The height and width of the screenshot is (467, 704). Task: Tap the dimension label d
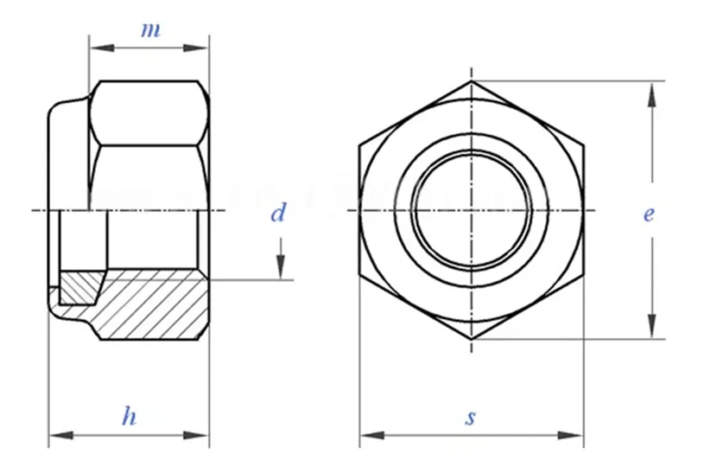(277, 213)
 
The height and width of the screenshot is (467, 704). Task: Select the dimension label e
(648, 213)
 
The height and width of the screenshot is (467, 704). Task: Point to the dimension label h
(129, 417)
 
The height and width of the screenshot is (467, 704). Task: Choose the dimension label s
(470, 418)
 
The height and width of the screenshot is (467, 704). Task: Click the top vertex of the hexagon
(472, 82)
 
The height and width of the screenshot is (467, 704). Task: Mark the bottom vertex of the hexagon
(472, 339)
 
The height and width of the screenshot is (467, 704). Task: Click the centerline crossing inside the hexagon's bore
(472, 210)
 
